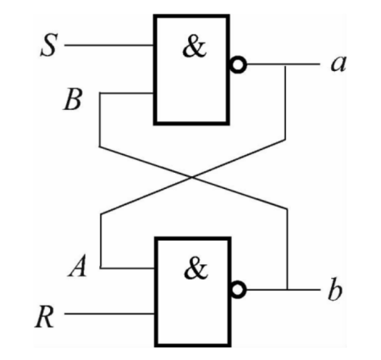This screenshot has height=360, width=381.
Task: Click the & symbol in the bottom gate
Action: [x=194, y=271]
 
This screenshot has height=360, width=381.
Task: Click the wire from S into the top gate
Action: [x=110, y=43]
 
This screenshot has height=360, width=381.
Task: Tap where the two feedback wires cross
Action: [x=194, y=176]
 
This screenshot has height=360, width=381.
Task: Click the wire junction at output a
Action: [x=288, y=66]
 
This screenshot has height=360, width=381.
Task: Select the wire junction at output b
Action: [x=288, y=290]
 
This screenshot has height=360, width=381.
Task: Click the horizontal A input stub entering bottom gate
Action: [x=127, y=268]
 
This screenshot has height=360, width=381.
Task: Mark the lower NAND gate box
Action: [x=191, y=292]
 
